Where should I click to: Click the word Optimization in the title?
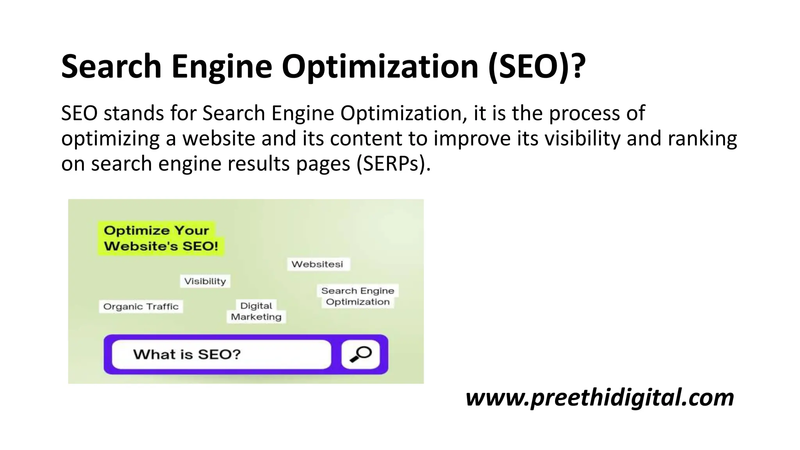[x=380, y=66]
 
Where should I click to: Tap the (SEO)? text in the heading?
[x=537, y=66]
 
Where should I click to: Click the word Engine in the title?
[x=221, y=66]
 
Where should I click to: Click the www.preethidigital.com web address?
[x=600, y=397]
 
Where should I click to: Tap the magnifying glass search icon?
[x=361, y=354]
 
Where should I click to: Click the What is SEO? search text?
[x=187, y=354]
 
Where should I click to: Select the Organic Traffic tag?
[x=141, y=307]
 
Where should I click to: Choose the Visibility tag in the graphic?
[x=205, y=281]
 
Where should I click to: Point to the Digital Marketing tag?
[x=256, y=311]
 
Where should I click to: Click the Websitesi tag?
[x=317, y=264]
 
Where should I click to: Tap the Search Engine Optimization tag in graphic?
[x=357, y=296]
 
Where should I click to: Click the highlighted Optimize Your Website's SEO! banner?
[x=161, y=238]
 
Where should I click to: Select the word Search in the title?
[x=111, y=66]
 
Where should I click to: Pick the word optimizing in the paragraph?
[x=110, y=138]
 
